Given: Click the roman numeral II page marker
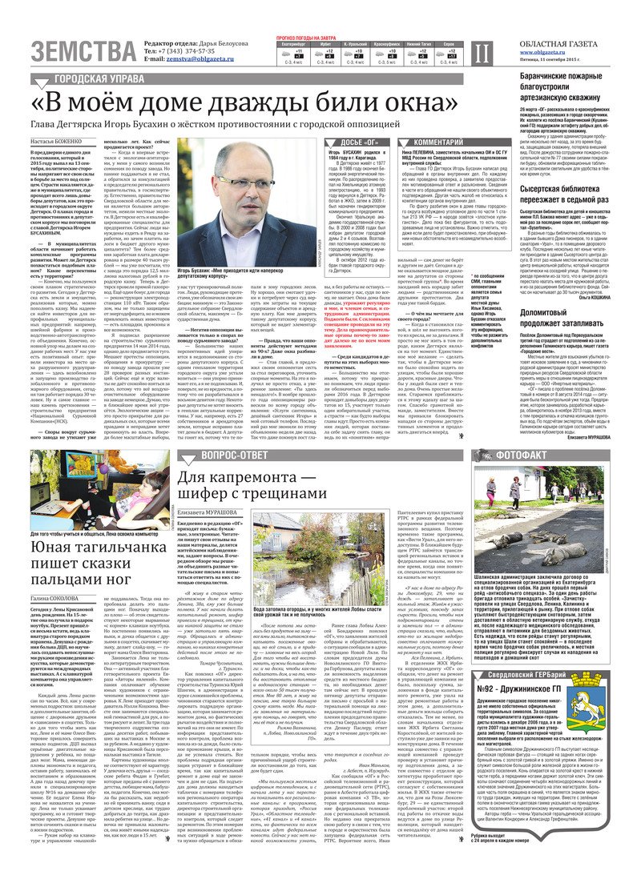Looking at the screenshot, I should tap(479, 54).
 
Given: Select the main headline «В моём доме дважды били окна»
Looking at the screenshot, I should tap(240, 104).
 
